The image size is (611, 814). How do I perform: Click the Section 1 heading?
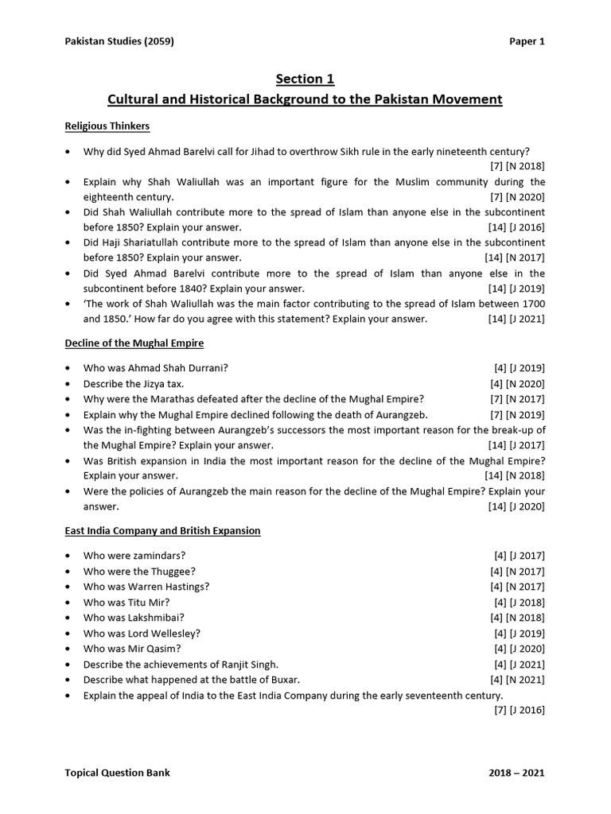305,79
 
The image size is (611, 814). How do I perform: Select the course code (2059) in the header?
157,42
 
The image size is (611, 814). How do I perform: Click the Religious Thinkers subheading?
107,126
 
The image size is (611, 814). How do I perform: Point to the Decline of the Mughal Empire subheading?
134,343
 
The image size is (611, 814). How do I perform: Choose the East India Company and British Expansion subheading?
162,530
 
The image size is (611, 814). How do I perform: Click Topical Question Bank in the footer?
117,773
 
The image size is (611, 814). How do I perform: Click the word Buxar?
282,680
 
